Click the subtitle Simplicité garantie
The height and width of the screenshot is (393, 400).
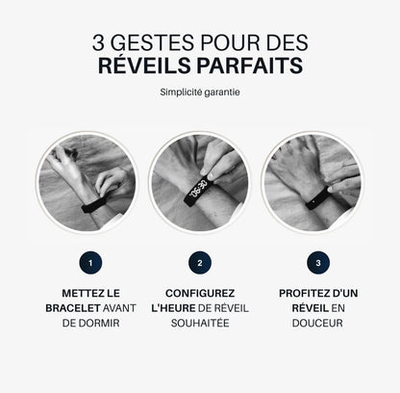coord(199,93)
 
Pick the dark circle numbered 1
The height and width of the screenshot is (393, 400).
coord(89,262)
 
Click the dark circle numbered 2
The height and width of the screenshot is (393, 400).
coord(199,262)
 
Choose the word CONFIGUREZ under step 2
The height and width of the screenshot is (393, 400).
coord(199,292)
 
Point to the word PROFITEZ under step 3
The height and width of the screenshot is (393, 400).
coord(298,292)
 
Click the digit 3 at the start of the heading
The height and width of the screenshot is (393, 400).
coord(99,41)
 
